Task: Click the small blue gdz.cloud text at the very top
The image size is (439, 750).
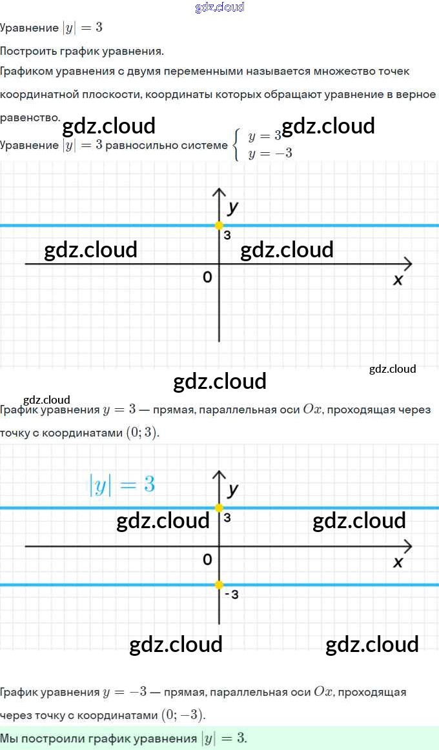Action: tap(219, 7)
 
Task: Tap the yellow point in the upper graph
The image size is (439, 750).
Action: tap(219, 226)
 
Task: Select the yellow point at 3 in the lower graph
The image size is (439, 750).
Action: tap(219, 508)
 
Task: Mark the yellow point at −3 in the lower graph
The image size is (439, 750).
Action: tap(219, 585)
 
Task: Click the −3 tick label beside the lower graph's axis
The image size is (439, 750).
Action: tap(232, 595)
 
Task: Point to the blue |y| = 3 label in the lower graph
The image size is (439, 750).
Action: tap(122, 485)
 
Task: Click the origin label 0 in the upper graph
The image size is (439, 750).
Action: tap(207, 277)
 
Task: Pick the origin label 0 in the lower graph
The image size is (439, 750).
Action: tap(207, 560)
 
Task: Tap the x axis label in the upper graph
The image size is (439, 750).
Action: tap(398, 280)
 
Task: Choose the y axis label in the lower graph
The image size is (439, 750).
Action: tap(233, 490)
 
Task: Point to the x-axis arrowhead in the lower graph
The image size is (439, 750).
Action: tap(407, 547)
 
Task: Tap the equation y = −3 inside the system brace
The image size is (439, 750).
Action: tap(271, 153)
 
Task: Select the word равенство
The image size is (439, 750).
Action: tap(30, 117)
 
